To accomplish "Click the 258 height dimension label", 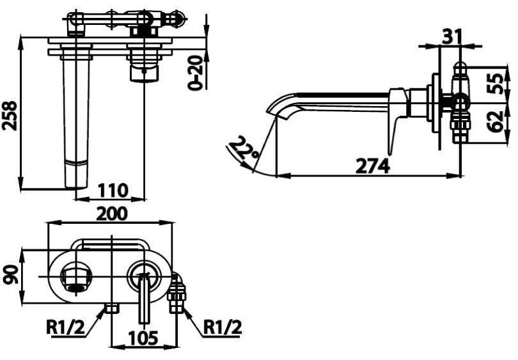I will pyautogui.click(x=10, y=115).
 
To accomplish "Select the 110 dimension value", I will pyautogui.click(x=113, y=191).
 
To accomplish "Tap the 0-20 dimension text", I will pyautogui.click(x=196, y=72).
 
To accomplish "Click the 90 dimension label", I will pyautogui.click(x=10, y=276).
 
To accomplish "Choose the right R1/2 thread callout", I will pyautogui.click(x=223, y=327).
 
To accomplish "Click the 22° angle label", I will pyautogui.click(x=246, y=150).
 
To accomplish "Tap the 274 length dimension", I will pyautogui.click(x=372, y=166).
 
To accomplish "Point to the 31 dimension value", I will pyautogui.click(x=452, y=36).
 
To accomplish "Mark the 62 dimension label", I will pyautogui.click(x=494, y=120).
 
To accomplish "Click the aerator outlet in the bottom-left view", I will pyautogui.click(x=76, y=280).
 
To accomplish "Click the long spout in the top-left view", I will pyautogui.click(x=75, y=121).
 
